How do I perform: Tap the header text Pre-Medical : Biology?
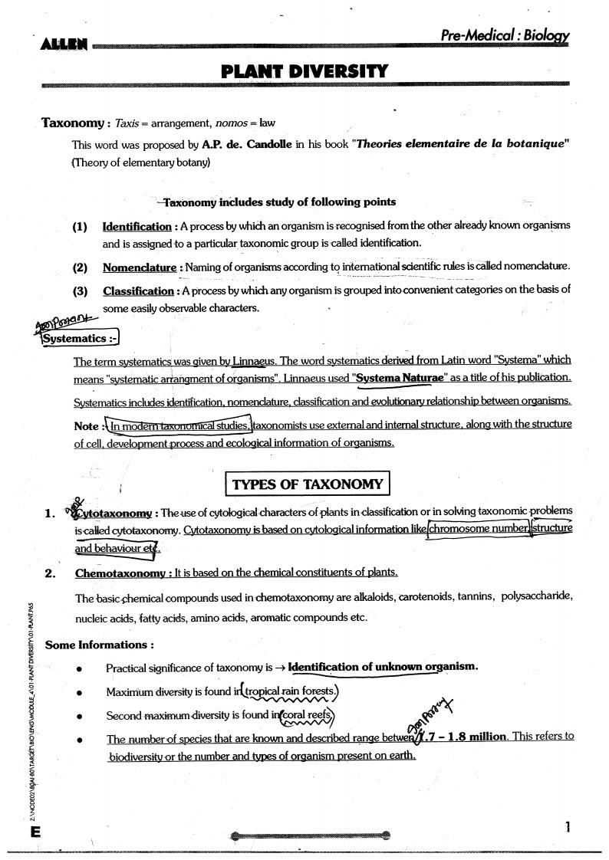pyautogui.click(x=505, y=35)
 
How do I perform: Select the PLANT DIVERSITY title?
pyautogui.click(x=304, y=72)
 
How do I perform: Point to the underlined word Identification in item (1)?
pyautogui.click(x=137, y=227)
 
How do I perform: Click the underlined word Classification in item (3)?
pyautogui.click(x=138, y=291)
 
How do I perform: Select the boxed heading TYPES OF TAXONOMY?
pyautogui.click(x=307, y=484)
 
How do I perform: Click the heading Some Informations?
pyautogui.click(x=100, y=645)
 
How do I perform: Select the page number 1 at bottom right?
pyautogui.click(x=567, y=827)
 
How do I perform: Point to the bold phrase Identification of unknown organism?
pyautogui.click(x=383, y=667)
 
